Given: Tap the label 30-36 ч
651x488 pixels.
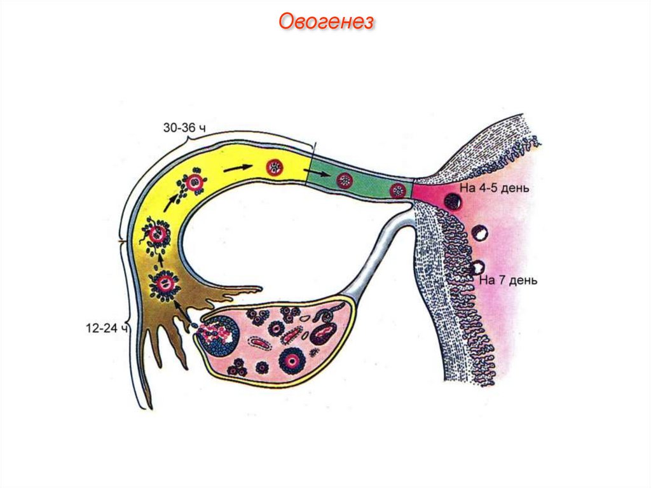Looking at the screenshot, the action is [x=185, y=128].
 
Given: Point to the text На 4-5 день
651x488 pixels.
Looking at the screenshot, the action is [x=493, y=188].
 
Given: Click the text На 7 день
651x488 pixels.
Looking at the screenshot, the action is [x=509, y=279].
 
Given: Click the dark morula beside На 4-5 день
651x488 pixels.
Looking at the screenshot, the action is [x=454, y=202].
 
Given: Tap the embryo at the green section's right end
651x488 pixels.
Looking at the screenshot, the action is [x=398, y=190].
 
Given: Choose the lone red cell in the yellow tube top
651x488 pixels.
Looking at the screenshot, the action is [x=275, y=168].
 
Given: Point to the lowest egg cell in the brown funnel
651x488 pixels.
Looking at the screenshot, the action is [x=167, y=284].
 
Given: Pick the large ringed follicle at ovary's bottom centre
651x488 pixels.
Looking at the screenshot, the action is [x=292, y=361].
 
